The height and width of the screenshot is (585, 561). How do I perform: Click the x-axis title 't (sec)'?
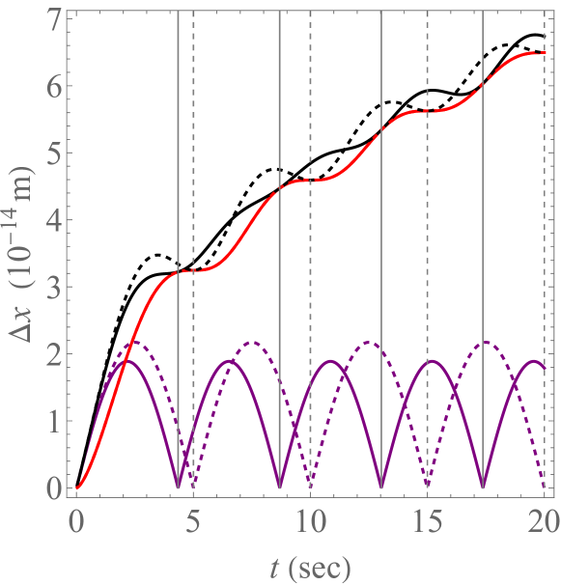tap(310, 563)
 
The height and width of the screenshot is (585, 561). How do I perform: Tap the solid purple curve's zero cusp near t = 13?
tap(381, 487)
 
